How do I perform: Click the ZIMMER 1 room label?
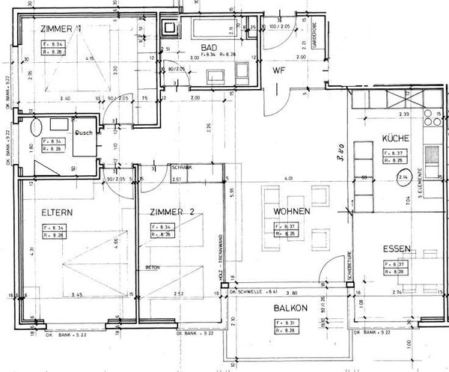coord(63,29)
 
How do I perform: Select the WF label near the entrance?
coord(279,71)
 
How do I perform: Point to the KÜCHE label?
coord(394,139)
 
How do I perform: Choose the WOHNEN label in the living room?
coord(291,212)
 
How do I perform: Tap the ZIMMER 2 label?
coord(171,212)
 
